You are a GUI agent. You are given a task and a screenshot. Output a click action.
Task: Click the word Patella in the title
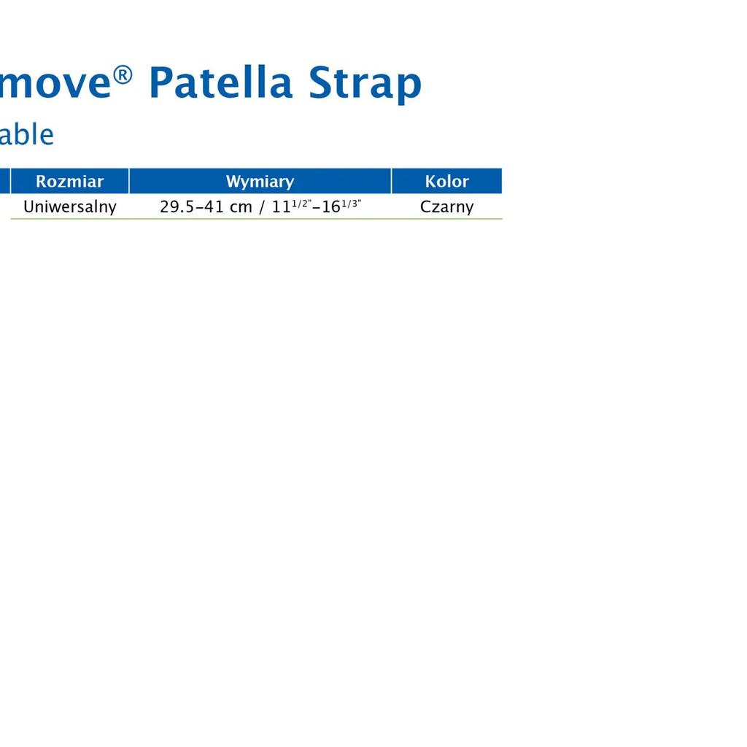pos(220,82)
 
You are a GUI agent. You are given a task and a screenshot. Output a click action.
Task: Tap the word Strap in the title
pos(365,84)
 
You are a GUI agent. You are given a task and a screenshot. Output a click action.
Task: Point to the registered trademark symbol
pos(123,75)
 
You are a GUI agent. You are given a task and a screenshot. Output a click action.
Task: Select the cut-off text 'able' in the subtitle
pos(27,134)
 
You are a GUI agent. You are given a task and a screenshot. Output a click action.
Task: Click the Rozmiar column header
pos(69,181)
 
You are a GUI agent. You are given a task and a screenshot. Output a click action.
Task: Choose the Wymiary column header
pos(260,182)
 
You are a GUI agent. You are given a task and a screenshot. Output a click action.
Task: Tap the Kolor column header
pos(447,181)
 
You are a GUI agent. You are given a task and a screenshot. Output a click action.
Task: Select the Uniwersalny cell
pos(70,206)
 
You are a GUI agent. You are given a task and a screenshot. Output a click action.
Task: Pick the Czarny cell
pos(447,207)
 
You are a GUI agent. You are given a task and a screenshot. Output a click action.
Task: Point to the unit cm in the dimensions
pos(241,208)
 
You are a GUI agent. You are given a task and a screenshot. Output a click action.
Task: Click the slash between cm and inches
pos(262,207)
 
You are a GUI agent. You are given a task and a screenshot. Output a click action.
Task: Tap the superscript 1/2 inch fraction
pos(301,204)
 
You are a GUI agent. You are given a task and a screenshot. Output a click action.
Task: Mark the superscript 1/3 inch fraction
pos(351,204)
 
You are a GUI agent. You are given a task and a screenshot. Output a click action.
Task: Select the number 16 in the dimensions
pos(331,207)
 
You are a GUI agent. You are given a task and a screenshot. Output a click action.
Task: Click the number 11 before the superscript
pos(281,207)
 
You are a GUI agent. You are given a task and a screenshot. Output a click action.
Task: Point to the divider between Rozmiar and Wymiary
pos(129,181)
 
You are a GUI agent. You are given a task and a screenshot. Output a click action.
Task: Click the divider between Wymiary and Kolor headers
pos(391,181)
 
